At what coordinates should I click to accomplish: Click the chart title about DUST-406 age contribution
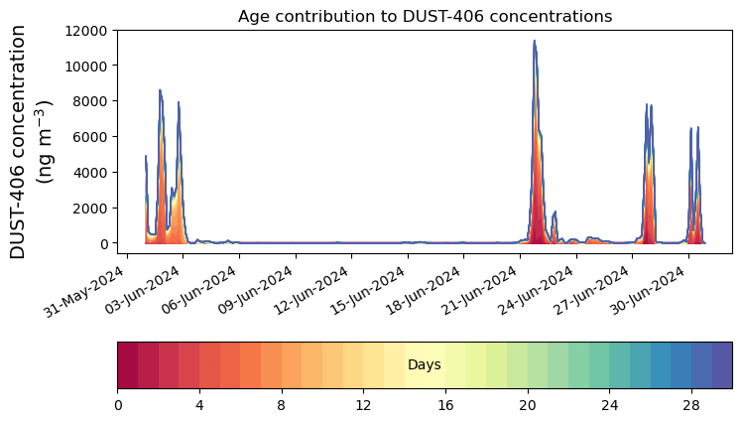point(425,16)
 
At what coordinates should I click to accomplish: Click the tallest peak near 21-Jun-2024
point(534,43)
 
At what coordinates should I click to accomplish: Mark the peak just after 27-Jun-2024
point(647,105)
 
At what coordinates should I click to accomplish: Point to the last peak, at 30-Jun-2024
point(698,129)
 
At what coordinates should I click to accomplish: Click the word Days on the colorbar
point(425,365)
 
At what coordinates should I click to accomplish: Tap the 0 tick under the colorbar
point(118,405)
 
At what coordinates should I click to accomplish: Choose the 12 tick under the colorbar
point(363,405)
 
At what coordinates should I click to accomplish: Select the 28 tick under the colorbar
point(691,405)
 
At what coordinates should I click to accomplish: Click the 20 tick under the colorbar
point(528,405)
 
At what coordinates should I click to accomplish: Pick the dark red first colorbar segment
point(128,364)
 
